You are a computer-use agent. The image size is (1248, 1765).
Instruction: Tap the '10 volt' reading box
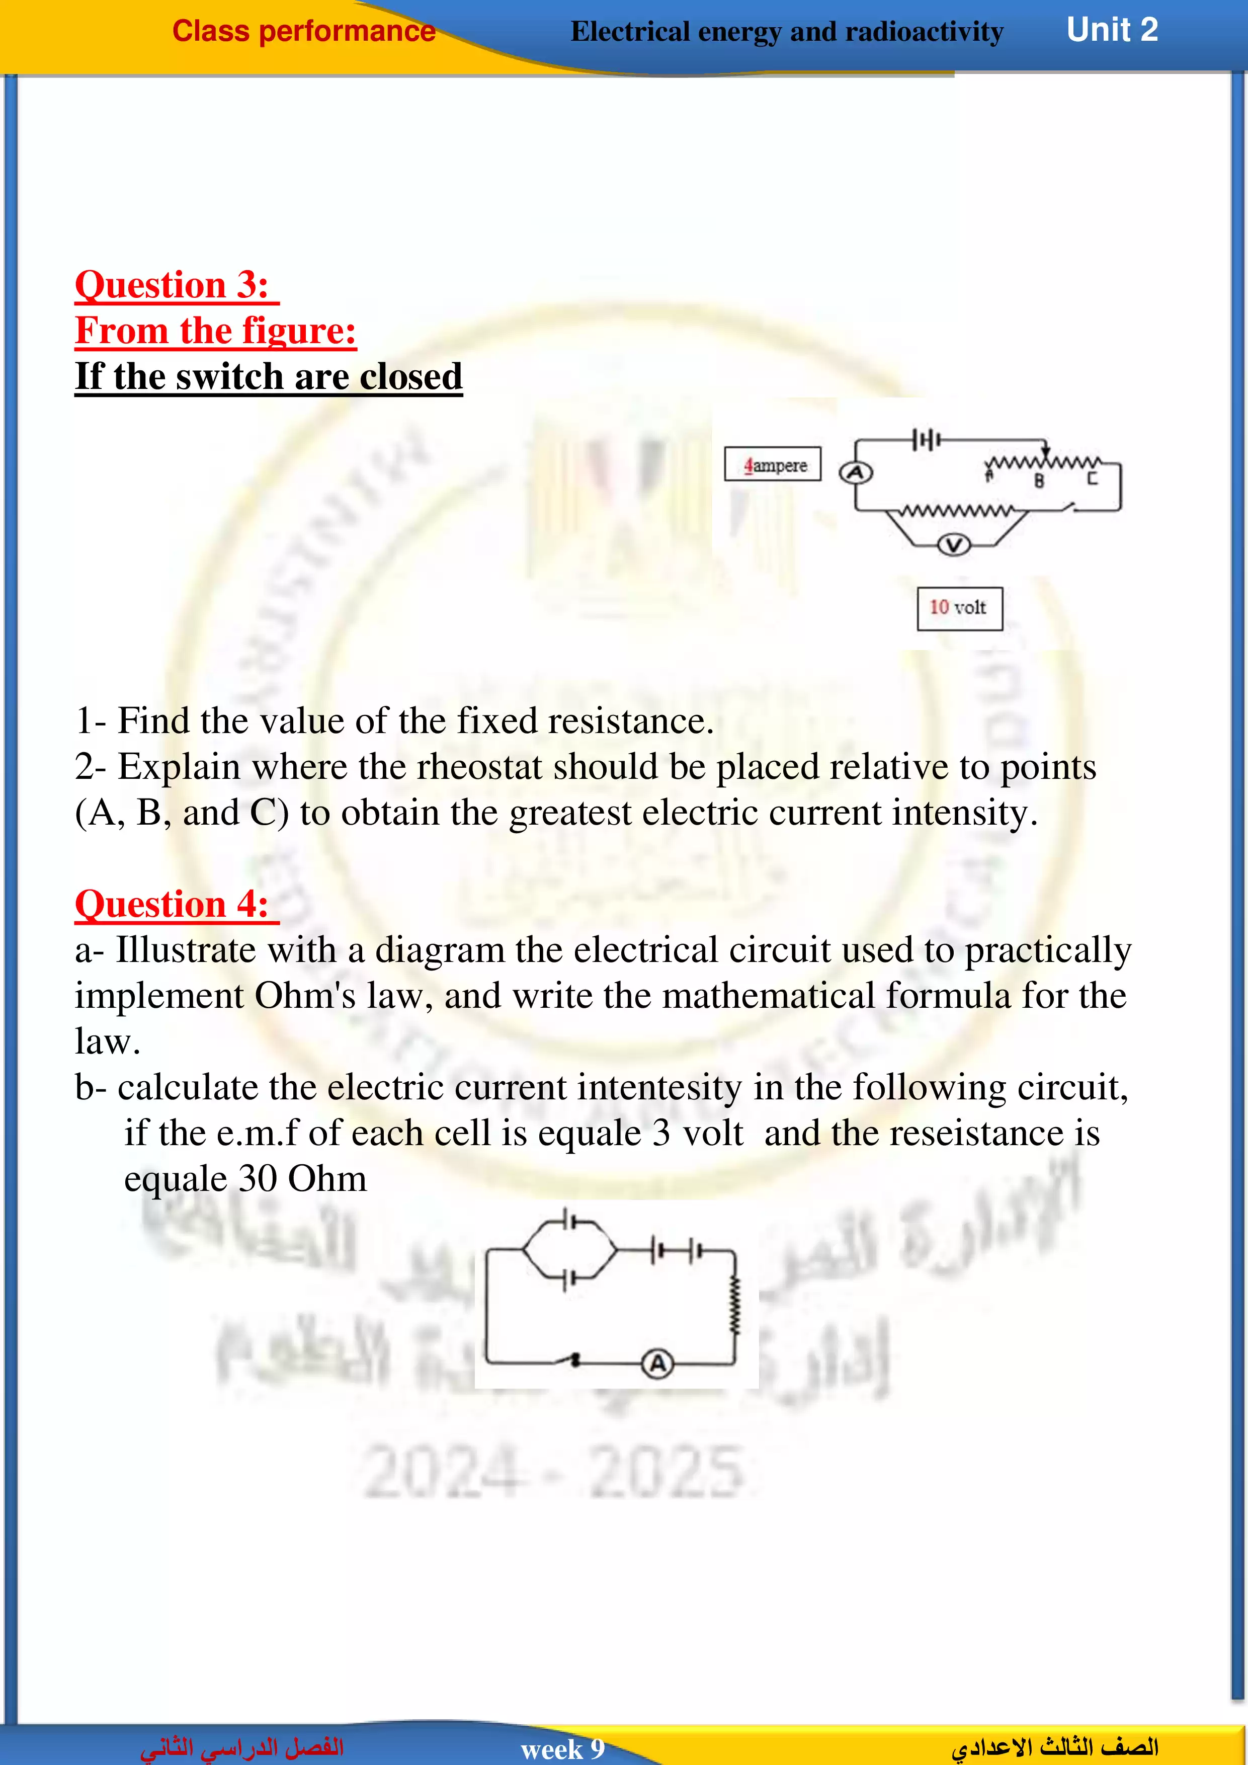[959, 608]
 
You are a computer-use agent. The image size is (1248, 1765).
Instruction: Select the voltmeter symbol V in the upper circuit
[954, 545]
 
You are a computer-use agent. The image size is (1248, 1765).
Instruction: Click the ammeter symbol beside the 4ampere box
[855, 473]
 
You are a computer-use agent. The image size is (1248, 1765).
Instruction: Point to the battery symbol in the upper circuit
[926, 440]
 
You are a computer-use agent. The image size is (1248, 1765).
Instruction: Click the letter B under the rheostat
[1039, 481]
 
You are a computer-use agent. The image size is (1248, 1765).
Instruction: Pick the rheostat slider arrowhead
[1045, 451]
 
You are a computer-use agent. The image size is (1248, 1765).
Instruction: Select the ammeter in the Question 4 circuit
[657, 1363]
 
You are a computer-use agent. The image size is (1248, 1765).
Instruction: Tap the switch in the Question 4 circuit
[572, 1360]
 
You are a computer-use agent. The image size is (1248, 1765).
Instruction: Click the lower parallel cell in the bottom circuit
[567, 1280]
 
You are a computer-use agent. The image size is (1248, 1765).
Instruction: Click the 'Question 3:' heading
[172, 285]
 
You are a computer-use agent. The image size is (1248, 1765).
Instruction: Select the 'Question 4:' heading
[172, 904]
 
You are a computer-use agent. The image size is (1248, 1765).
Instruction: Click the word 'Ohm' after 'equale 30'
[327, 1178]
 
